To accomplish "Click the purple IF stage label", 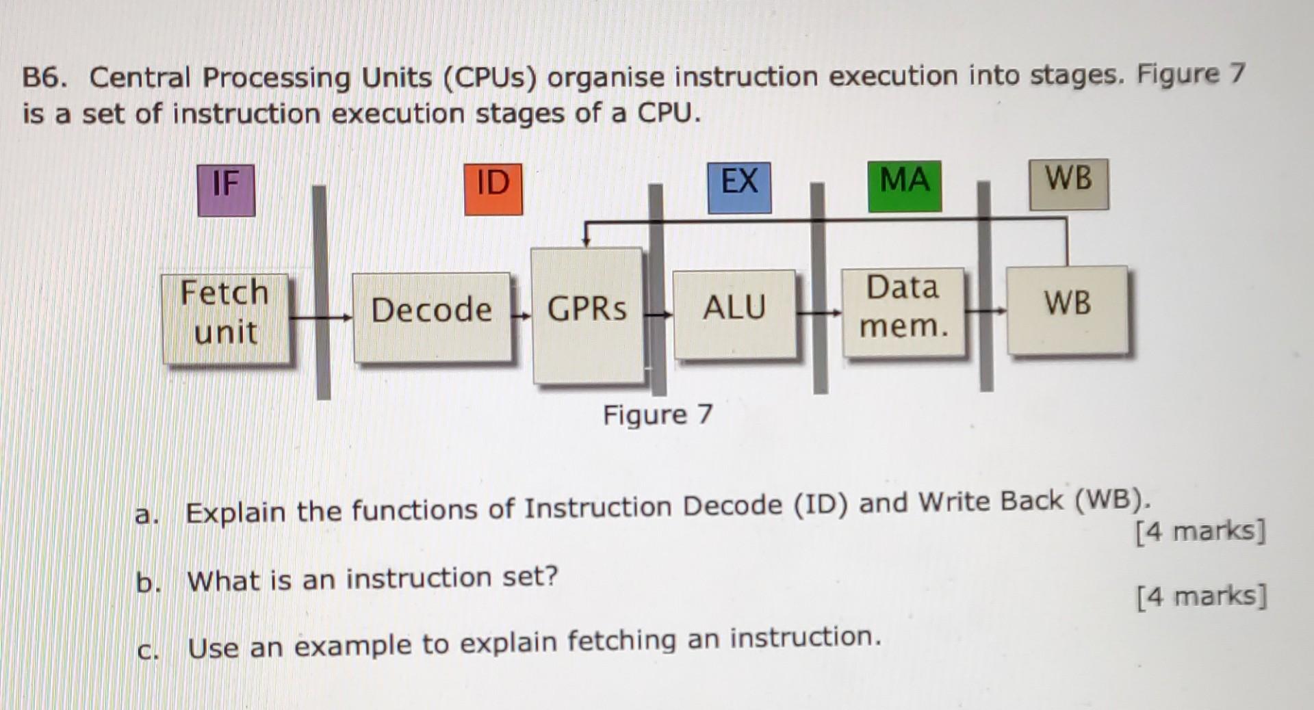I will click(226, 190).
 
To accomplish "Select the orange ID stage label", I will click(493, 189).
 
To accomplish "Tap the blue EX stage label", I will click(739, 187).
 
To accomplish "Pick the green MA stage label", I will click(904, 185).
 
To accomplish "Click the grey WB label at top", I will click(1068, 184).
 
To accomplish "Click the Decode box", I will click(432, 316).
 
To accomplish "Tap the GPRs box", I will click(587, 315).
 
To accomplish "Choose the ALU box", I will click(734, 313).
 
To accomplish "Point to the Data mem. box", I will click(903, 312).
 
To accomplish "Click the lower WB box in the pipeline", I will click(1067, 309).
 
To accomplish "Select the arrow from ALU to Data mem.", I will click(819, 313).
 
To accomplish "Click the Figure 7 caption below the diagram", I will click(658, 415).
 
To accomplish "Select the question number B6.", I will click(44, 78).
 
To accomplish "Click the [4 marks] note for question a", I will click(1200, 531).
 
